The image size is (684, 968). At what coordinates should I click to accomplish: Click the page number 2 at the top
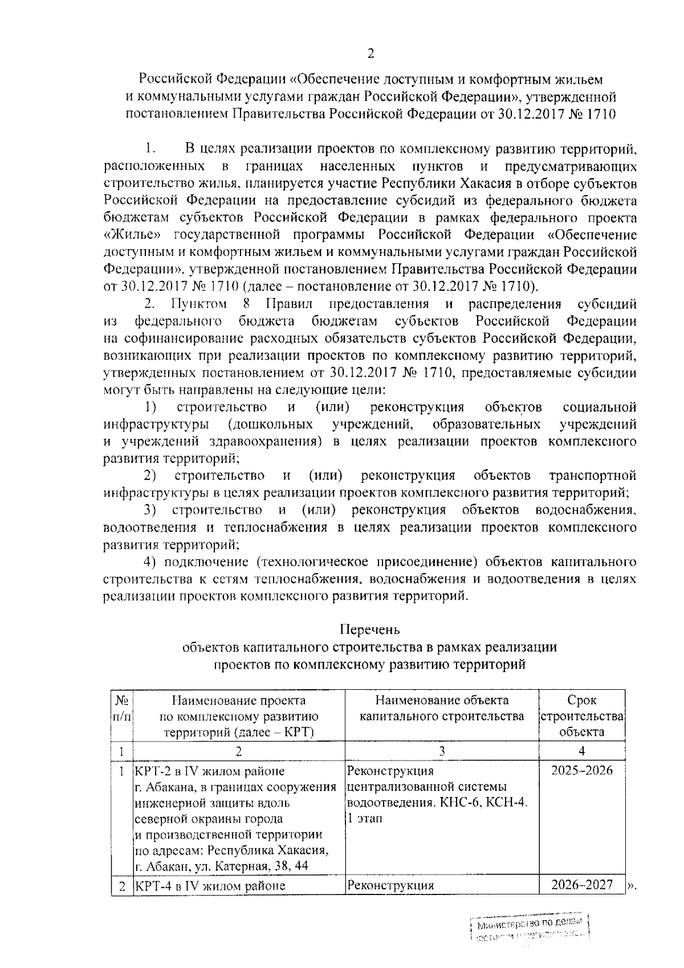pyautogui.click(x=371, y=54)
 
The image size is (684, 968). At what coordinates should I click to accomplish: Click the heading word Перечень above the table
pyautogui.click(x=370, y=630)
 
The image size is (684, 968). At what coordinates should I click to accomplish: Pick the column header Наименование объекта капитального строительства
pyautogui.click(x=442, y=709)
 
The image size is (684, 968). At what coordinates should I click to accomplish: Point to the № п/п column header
pyautogui.click(x=121, y=708)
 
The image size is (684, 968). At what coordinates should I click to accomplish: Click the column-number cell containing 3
pyautogui.click(x=442, y=751)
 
